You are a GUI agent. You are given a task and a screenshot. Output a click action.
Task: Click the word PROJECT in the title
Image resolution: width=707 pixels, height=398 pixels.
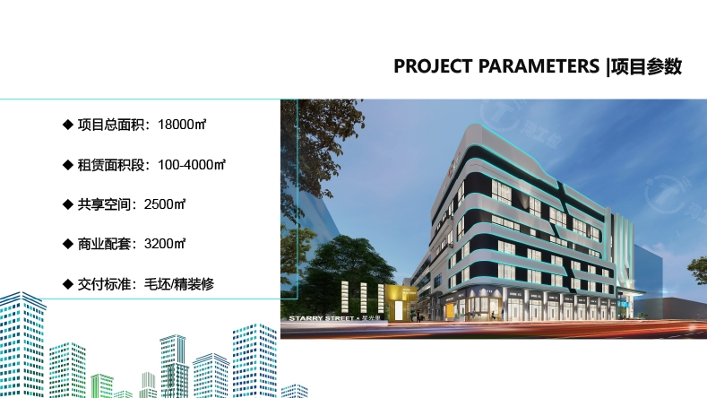pos(433,66)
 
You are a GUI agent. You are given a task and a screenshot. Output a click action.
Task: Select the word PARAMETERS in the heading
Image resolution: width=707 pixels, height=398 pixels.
pos(539,66)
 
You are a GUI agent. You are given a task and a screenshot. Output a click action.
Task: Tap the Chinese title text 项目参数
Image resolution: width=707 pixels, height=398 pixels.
pos(646,66)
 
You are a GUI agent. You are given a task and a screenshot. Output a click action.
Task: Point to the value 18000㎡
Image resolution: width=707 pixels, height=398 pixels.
pos(182,125)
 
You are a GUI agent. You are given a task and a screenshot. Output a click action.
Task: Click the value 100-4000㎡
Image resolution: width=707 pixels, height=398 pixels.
pos(192,165)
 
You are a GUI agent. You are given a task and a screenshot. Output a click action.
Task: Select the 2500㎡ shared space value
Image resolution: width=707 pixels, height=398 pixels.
pos(165,204)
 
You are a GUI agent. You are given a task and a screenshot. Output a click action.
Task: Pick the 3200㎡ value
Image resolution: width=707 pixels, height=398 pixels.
pos(165,244)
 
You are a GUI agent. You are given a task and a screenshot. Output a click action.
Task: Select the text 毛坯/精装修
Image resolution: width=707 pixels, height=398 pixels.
pos(179,284)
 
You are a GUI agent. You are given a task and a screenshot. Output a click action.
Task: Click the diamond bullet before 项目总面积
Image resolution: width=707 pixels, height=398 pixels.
pos(67,125)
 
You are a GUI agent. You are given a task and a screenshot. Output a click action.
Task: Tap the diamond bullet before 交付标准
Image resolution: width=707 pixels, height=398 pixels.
pos(67,284)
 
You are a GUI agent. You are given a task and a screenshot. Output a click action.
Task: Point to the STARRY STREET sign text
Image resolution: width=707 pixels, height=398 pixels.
pos(322,318)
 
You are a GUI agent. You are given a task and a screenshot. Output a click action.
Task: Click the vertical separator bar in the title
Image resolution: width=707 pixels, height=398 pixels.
pos(608,67)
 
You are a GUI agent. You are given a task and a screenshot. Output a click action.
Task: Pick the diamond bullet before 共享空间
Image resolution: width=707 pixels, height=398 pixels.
pos(67,204)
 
